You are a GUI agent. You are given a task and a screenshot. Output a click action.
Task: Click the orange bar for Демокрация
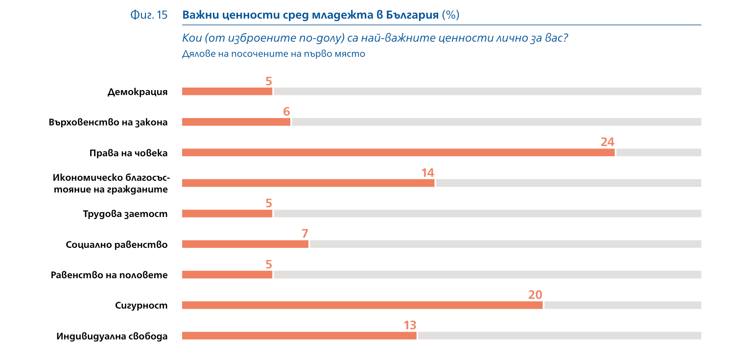tap(227, 92)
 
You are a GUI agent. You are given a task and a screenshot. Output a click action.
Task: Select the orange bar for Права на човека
tap(398, 153)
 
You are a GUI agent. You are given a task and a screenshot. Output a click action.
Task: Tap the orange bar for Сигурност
tap(362, 306)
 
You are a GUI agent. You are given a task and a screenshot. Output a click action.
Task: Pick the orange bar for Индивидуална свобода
tap(299, 336)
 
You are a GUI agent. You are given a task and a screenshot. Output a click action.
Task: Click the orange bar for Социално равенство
tap(245, 244)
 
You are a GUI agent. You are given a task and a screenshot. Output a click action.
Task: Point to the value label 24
tap(607, 142)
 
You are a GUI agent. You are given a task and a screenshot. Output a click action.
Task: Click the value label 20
tap(535, 295)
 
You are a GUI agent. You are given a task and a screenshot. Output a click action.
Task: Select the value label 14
tap(427, 173)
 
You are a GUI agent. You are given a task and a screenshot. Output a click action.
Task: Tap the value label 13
tap(410, 325)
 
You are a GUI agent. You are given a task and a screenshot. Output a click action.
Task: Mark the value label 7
tap(305, 234)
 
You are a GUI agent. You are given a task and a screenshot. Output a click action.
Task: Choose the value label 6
tap(286, 112)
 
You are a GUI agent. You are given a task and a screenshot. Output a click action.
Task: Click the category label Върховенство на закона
tap(108, 122)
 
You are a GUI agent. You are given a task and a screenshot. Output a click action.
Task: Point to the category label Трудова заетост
tap(125, 214)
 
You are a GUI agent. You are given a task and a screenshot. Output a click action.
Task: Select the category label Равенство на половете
tap(109, 275)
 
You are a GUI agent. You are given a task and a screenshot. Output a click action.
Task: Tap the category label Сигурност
tap(141, 306)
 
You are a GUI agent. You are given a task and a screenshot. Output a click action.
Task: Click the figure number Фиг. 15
tap(149, 15)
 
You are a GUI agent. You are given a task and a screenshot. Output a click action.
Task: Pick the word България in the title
tap(412, 15)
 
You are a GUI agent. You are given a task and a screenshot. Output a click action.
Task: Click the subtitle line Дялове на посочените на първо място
tap(274, 54)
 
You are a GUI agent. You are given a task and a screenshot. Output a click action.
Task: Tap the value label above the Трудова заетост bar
tap(269, 203)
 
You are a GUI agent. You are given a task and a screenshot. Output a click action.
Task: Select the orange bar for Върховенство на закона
tap(236, 122)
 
